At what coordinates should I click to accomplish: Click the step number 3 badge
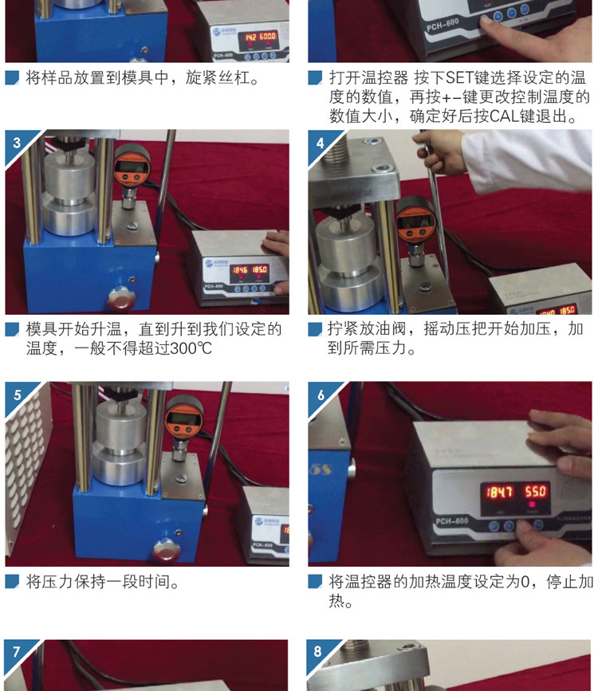click(x=17, y=143)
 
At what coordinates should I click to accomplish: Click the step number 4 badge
click(x=321, y=143)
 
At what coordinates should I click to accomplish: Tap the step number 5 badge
click(x=18, y=395)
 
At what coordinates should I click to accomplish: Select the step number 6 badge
click(x=321, y=395)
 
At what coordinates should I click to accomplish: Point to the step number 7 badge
click(x=16, y=651)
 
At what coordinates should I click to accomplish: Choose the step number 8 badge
click(x=318, y=651)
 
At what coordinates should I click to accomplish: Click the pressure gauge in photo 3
click(x=132, y=168)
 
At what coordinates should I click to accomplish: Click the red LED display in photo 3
click(x=250, y=269)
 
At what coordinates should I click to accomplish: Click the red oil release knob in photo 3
click(x=122, y=298)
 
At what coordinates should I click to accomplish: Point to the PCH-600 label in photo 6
click(x=452, y=521)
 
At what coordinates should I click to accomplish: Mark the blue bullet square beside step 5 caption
click(x=12, y=582)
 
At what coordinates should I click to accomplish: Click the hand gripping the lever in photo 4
click(x=438, y=152)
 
